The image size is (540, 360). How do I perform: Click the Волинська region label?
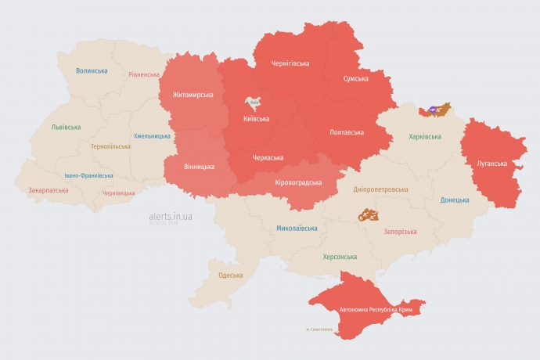[x=92, y=70]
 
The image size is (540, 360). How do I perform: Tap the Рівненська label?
[x=144, y=75]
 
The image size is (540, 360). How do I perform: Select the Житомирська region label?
[x=187, y=95]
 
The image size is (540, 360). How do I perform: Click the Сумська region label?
[x=356, y=79]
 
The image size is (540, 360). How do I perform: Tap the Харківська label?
[x=425, y=137]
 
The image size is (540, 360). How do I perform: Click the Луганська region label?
[x=492, y=164]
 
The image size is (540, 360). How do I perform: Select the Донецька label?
[x=455, y=200]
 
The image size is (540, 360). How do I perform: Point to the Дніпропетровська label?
[x=381, y=189]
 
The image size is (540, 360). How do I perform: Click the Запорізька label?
[x=400, y=232]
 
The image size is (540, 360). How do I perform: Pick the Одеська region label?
[x=230, y=275]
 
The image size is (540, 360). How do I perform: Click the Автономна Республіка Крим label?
[x=376, y=311]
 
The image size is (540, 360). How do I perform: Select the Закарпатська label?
[x=48, y=190]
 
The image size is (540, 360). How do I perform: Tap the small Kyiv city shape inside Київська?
[x=253, y=103]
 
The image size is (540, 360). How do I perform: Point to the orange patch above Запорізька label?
[x=369, y=214]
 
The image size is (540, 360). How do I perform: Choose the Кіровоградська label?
[x=299, y=182]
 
